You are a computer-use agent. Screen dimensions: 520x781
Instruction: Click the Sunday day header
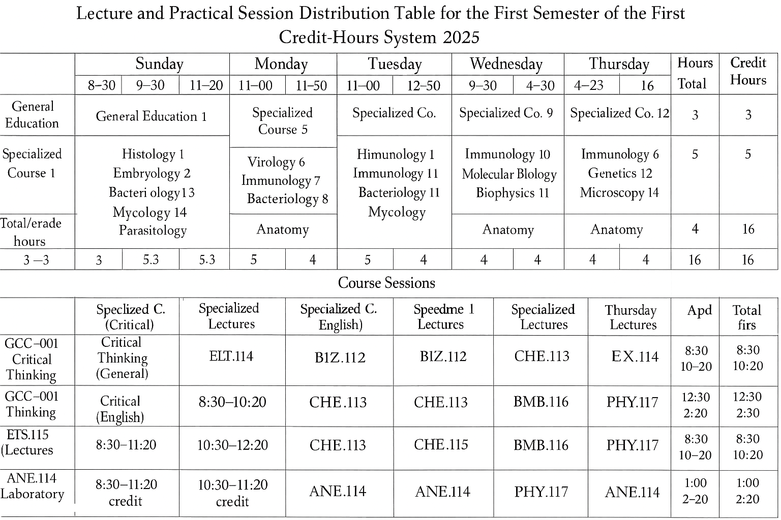tap(159, 64)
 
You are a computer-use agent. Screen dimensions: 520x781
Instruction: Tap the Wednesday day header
tap(506, 64)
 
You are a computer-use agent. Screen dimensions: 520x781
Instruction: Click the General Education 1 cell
tap(151, 116)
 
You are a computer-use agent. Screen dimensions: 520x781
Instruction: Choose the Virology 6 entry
tap(276, 162)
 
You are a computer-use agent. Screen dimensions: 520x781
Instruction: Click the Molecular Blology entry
tap(509, 174)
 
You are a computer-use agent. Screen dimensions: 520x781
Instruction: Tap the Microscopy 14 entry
tap(619, 192)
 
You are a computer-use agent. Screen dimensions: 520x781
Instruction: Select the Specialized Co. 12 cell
tap(619, 113)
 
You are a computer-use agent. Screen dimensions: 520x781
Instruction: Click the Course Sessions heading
tap(386, 283)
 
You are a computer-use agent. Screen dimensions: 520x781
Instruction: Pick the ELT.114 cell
tap(231, 356)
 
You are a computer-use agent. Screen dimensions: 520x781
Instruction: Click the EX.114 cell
tap(634, 356)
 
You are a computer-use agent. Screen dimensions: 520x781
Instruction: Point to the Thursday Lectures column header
tap(630, 317)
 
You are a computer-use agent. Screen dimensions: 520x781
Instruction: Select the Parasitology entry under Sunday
tap(153, 231)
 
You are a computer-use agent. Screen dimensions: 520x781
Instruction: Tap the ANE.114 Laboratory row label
tap(32, 486)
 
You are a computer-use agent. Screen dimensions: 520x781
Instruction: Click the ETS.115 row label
tap(27, 442)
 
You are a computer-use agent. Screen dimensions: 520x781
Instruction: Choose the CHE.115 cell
tap(440, 444)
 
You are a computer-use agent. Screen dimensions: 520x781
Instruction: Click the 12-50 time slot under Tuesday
tap(423, 85)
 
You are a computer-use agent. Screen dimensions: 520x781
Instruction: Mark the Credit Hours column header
tap(748, 71)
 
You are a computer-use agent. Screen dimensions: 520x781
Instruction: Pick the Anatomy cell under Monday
tap(282, 230)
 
